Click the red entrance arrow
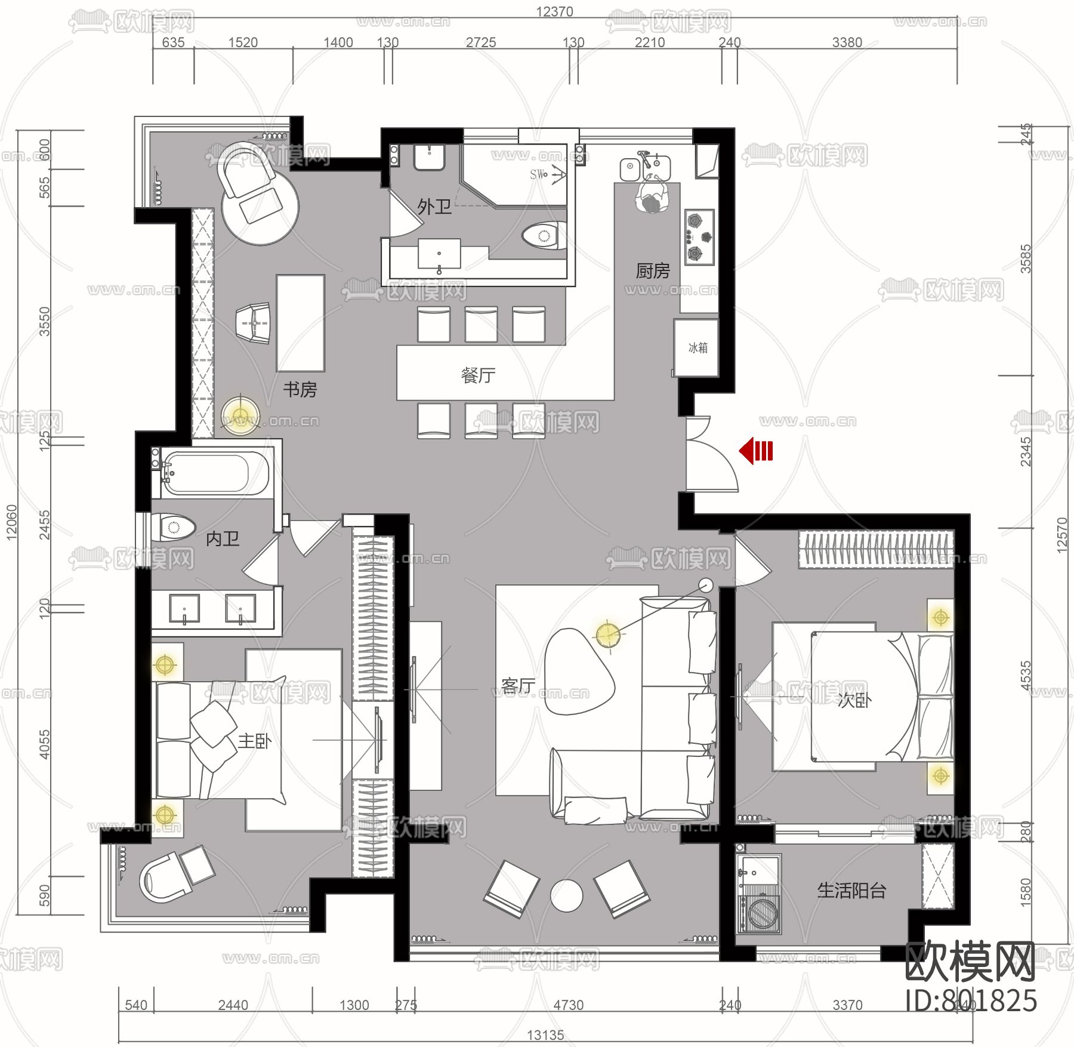[x=755, y=451]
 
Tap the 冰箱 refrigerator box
[x=696, y=347]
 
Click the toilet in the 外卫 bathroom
[x=544, y=236]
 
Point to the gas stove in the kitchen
[x=699, y=237]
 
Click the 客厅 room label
[x=518, y=685]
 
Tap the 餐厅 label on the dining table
[x=478, y=375]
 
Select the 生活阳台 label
[x=851, y=891]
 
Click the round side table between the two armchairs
[x=566, y=896]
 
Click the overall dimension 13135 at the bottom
[x=545, y=1034]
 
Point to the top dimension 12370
[x=554, y=11]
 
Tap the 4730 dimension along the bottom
[x=568, y=1005]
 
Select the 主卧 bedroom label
[x=255, y=741]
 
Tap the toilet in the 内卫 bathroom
[x=174, y=527]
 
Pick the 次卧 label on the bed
[x=854, y=700]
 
